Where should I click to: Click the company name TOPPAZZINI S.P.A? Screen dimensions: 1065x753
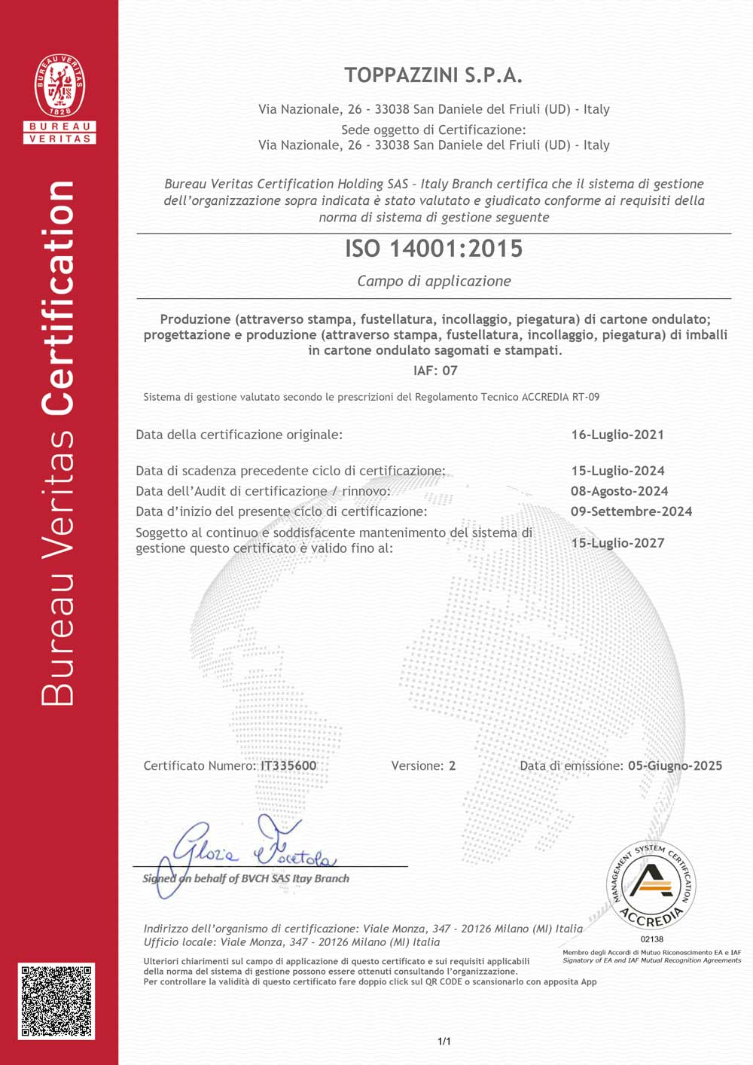(433, 75)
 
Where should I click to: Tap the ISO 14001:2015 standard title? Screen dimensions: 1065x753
(434, 249)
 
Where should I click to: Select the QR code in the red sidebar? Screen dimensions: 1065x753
(56, 1001)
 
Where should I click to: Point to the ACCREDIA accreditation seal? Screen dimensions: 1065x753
(651, 885)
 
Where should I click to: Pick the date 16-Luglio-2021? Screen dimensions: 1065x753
(617, 435)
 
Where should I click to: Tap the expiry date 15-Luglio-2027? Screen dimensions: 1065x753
(617, 543)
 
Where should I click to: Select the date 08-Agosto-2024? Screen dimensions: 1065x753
(619, 491)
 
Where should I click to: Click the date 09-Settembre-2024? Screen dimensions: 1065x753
(631, 511)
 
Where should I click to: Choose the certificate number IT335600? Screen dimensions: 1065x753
(288, 766)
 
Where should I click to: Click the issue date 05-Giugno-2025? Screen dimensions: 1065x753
(675, 766)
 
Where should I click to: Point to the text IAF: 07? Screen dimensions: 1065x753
(435, 371)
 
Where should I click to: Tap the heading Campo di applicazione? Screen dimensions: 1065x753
(434, 281)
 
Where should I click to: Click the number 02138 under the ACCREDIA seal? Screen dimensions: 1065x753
(652, 939)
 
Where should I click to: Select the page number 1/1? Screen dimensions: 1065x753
(444, 1042)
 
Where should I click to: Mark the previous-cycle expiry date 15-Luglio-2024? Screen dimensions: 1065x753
(617, 471)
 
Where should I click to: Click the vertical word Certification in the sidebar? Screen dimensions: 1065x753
(59, 298)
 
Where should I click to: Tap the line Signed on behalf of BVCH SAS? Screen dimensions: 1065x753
(246, 878)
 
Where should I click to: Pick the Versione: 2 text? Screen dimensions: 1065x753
(423, 766)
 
